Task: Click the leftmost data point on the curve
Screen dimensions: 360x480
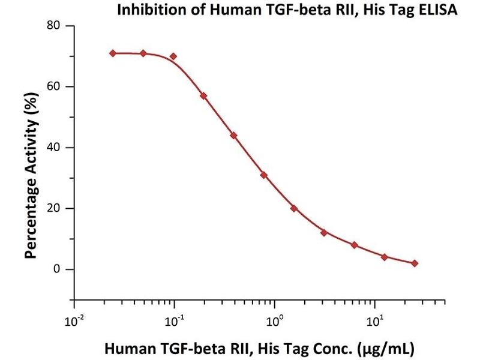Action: point(113,53)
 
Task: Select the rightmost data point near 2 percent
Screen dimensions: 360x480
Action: point(415,263)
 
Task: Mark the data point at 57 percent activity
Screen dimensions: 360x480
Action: point(204,95)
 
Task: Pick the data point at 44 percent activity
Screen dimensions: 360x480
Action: point(233,136)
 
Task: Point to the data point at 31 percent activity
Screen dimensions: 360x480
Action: point(263,175)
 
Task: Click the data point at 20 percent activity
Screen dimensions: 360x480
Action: point(294,208)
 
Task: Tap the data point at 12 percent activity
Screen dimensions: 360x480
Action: point(324,233)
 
